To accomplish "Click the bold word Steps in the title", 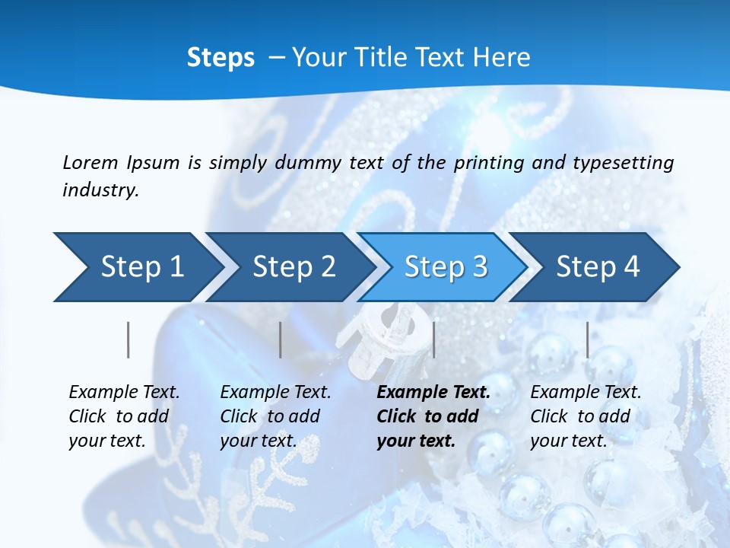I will [x=221, y=58].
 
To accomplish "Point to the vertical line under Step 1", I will [x=129, y=339].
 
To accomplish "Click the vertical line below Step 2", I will [x=281, y=339].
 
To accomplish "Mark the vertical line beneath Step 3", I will [x=433, y=339].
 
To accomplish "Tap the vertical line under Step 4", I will [x=588, y=339].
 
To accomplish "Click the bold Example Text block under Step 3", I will [x=433, y=416].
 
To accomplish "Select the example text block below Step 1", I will [x=124, y=416].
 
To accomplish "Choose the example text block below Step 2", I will [x=275, y=416].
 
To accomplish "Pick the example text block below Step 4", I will [x=586, y=416].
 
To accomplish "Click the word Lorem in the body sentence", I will [x=90, y=162].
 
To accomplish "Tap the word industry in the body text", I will [x=100, y=190].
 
